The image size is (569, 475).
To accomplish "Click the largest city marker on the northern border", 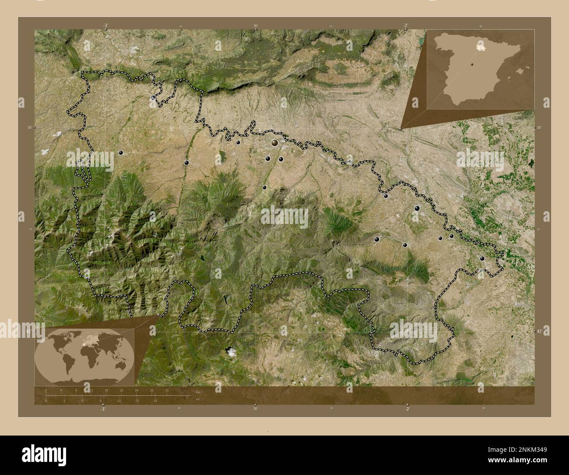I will [274, 142].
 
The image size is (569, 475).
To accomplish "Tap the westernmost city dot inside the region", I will [120, 152].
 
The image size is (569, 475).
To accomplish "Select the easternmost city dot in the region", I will [482, 259].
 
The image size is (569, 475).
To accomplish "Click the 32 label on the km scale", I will [167, 390].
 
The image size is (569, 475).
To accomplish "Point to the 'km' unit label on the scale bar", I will [198, 391].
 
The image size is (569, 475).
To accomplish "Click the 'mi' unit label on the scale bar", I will [198, 399].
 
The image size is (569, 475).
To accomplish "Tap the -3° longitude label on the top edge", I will [105, 26].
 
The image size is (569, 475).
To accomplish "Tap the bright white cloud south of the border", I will [230, 351].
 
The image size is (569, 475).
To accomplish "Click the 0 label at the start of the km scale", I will [46, 390].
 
